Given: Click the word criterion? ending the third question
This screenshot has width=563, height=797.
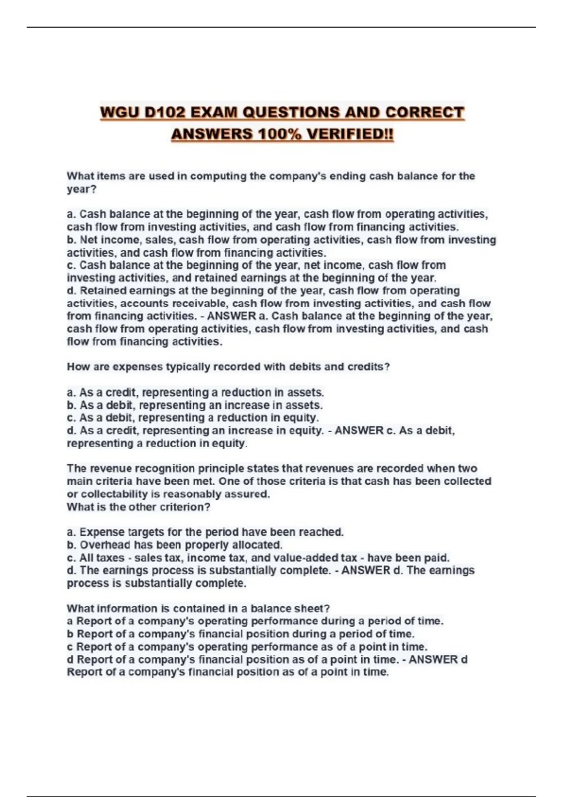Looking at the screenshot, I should (x=185, y=507).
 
